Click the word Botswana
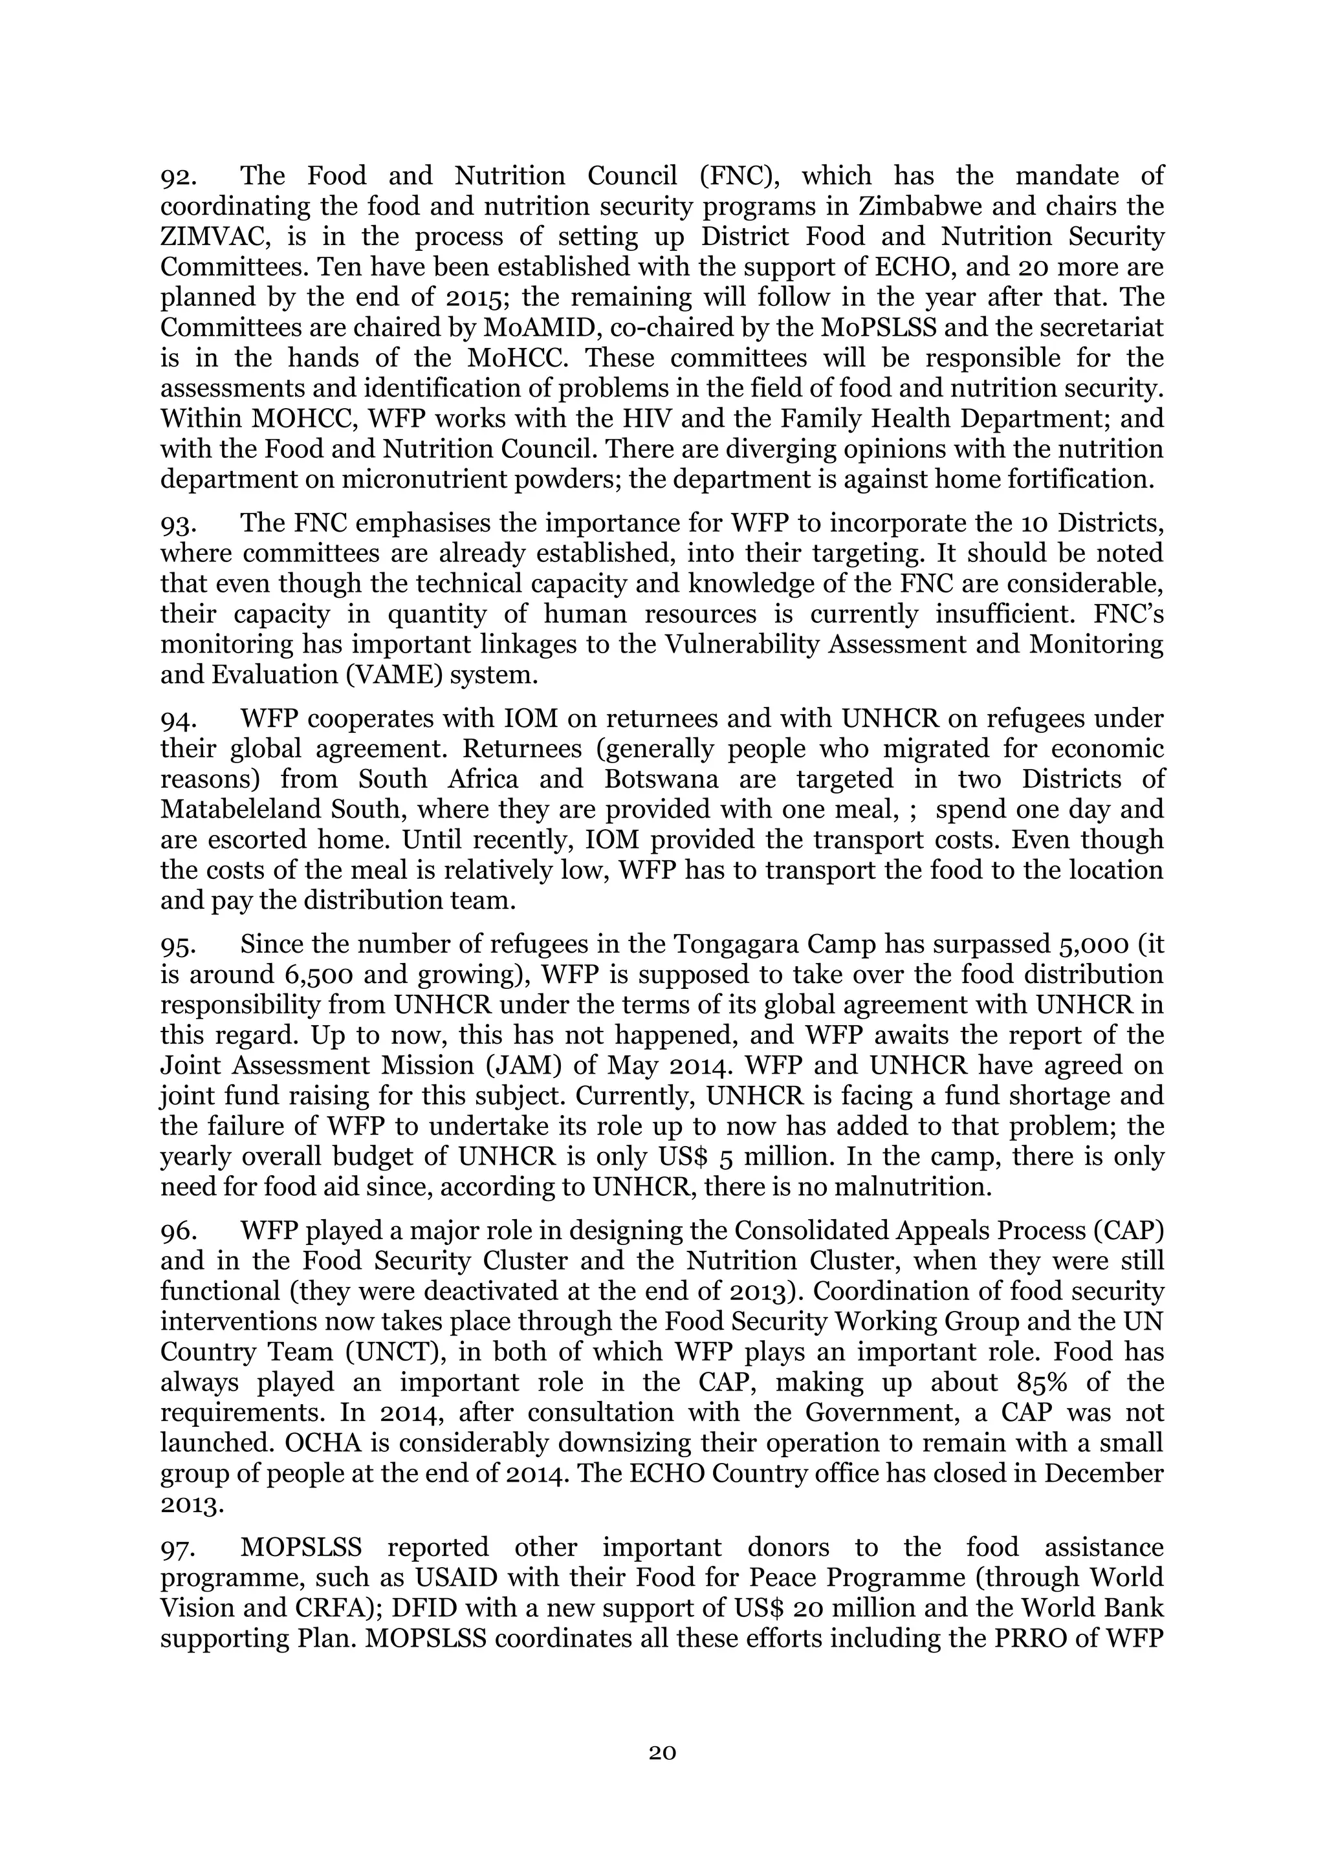[x=661, y=779]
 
